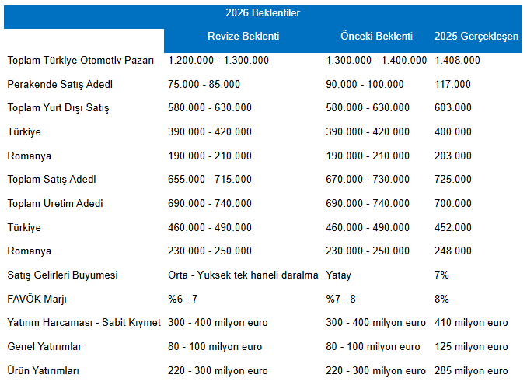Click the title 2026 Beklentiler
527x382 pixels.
[x=263, y=12]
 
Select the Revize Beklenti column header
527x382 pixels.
[x=243, y=36]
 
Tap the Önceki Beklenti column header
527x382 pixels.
[x=376, y=36]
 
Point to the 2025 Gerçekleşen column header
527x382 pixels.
[x=476, y=37]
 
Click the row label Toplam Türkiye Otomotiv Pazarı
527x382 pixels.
[x=81, y=60]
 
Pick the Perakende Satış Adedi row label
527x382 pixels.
[x=60, y=84]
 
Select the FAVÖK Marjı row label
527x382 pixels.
[x=37, y=299]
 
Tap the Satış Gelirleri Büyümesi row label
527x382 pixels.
[x=62, y=275]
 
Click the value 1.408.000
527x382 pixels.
[x=457, y=60]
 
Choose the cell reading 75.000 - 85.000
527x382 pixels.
[x=204, y=84]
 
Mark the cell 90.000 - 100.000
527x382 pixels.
[x=365, y=84]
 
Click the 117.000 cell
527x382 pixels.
[x=452, y=84]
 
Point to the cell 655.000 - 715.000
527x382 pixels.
[x=210, y=179]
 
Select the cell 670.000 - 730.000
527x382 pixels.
[x=368, y=179]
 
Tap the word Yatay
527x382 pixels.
[x=338, y=275]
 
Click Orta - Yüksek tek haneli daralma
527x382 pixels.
[x=243, y=275]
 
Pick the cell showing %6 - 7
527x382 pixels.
[x=183, y=299]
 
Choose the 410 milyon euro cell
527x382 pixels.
[x=471, y=322]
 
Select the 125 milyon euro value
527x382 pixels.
[x=471, y=347]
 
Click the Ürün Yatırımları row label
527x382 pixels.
[x=43, y=370]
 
